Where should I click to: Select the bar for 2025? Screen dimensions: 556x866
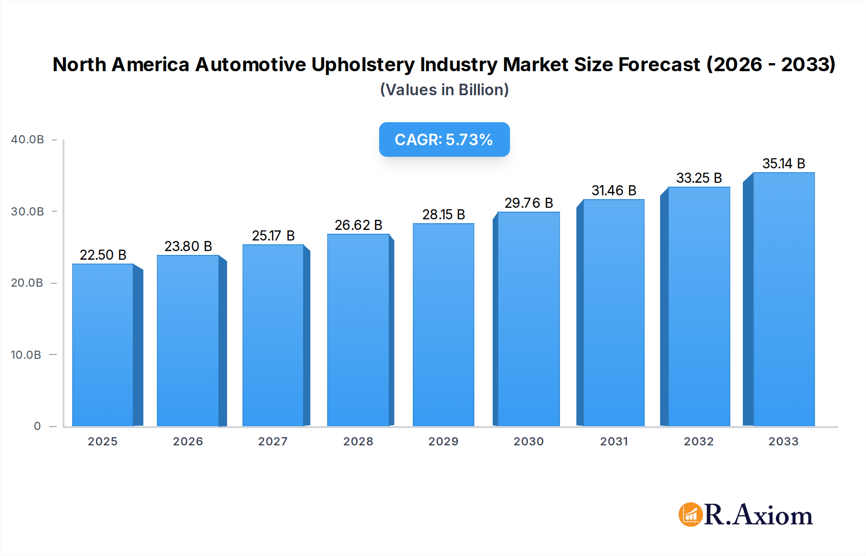pyautogui.click(x=103, y=345)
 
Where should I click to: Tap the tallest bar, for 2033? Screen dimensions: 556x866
pyautogui.click(x=784, y=299)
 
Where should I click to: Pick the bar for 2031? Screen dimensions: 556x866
pyautogui.click(x=613, y=313)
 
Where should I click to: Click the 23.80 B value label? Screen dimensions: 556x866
pyautogui.click(x=188, y=246)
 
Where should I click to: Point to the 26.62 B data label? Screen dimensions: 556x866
pyautogui.click(x=358, y=225)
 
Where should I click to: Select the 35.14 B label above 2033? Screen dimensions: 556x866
pyautogui.click(x=784, y=164)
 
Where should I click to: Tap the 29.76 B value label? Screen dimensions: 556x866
pyautogui.click(x=529, y=203)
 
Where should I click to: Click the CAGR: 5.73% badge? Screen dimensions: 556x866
pyautogui.click(x=444, y=139)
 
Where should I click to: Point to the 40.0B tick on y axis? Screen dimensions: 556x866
pyautogui.click(x=27, y=139)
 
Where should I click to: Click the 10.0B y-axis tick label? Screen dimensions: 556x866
pyautogui.click(x=26, y=355)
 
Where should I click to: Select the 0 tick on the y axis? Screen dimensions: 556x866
pyautogui.click(x=37, y=426)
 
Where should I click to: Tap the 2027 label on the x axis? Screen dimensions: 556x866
pyautogui.click(x=273, y=442)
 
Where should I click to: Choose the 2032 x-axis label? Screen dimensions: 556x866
pyautogui.click(x=699, y=442)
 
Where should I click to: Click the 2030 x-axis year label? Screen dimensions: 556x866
pyautogui.click(x=529, y=442)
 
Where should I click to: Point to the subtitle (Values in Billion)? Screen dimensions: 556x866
pyautogui.click(x=444, y=90)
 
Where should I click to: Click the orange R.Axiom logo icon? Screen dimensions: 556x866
pyautogui.click(x=690, y=515)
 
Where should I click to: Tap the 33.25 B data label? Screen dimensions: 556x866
pyautogui.click(x=699, y=178)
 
